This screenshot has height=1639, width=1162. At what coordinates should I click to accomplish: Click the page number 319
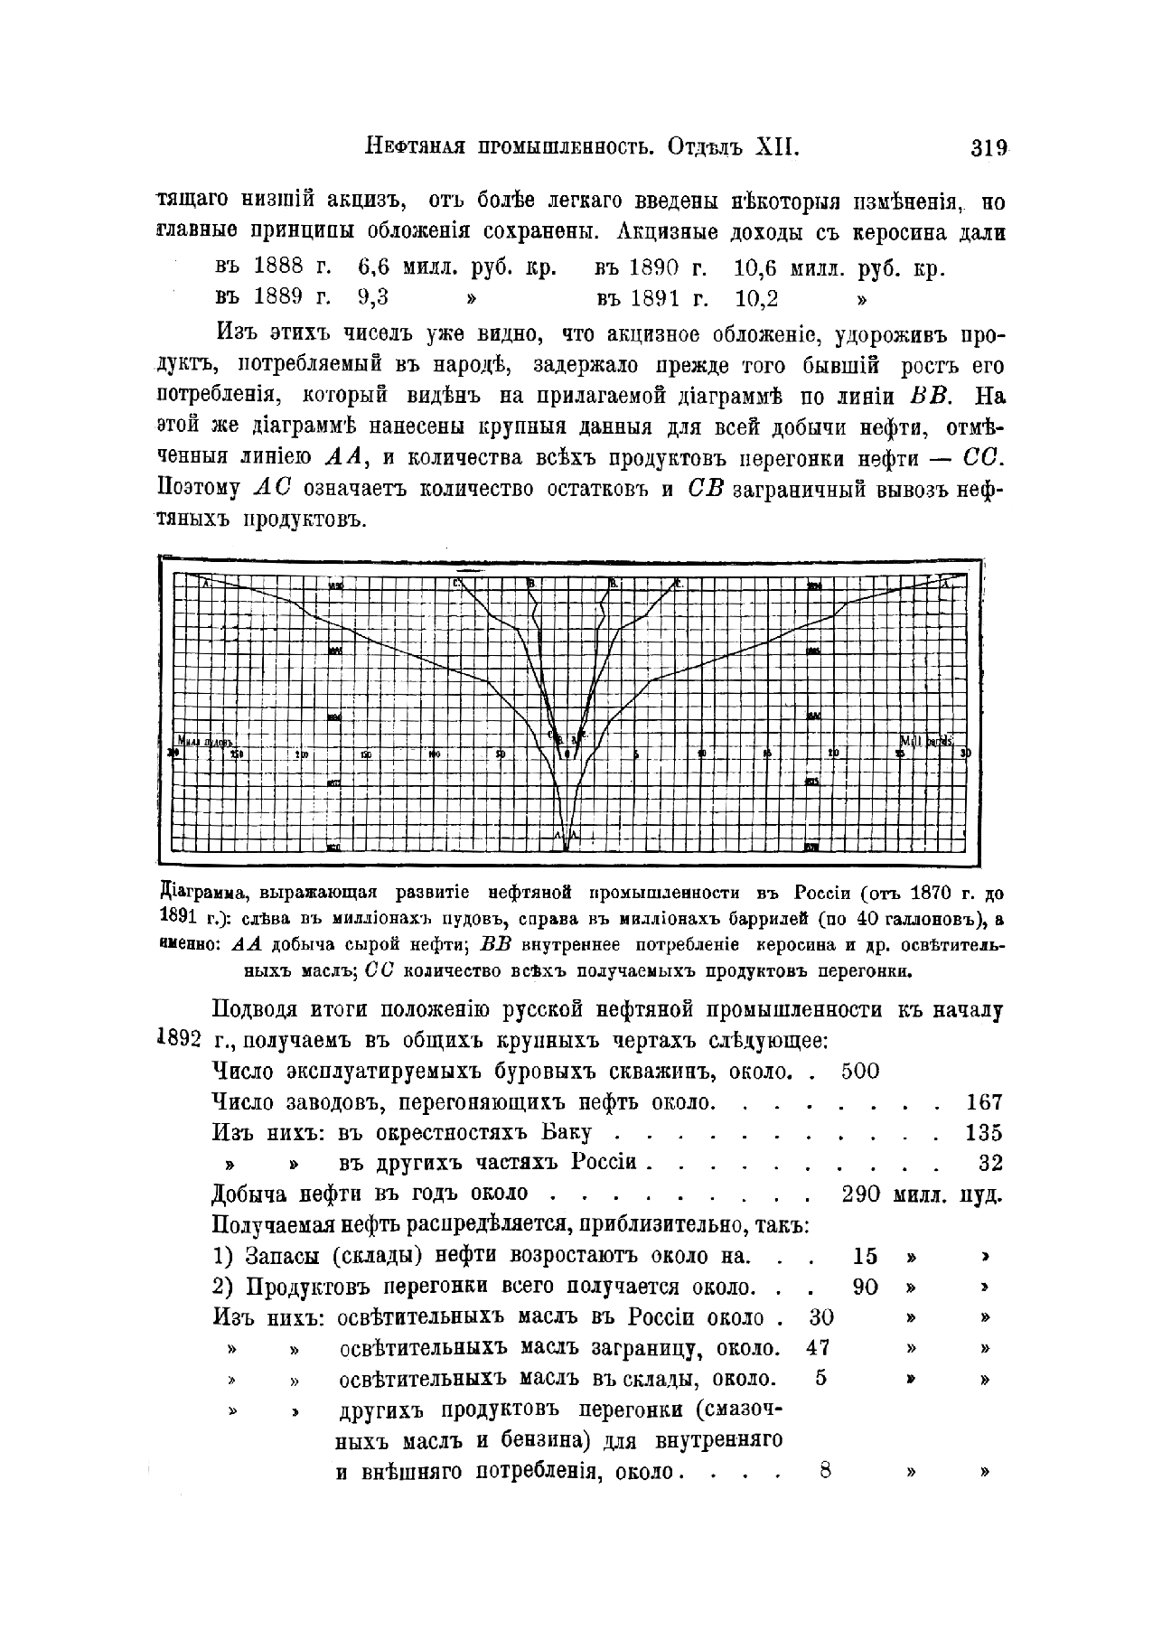[x=989, y=147]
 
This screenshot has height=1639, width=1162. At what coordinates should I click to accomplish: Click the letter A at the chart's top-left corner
[x=206, y=584]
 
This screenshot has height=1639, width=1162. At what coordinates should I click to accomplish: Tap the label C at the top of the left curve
[x=457, y=584]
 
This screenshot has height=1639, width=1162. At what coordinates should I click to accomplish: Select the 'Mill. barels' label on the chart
[x=926, y=741]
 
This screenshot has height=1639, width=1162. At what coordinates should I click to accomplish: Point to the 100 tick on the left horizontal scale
[x=435, y=754]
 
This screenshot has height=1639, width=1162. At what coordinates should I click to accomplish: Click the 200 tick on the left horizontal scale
[x=302, y=754]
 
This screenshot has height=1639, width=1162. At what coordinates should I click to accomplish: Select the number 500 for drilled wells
[x=859, y=1072]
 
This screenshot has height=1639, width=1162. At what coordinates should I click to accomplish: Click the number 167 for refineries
[x=983, y=1102]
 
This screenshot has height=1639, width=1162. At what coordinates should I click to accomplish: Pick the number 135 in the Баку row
[x=983, y=1133]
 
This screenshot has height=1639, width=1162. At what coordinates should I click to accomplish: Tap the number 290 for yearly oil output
[x=860, y=1194]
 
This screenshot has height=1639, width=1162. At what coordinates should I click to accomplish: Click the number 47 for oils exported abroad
[x=818, y=1348]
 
